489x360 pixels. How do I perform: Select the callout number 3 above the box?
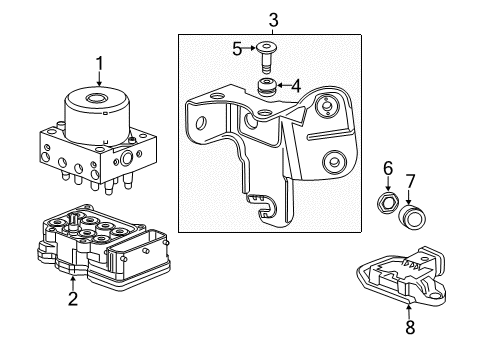(x=273, y=17)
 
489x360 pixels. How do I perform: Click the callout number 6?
(x=388, y=170)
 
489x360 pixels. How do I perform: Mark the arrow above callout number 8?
(x=408, y=305)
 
